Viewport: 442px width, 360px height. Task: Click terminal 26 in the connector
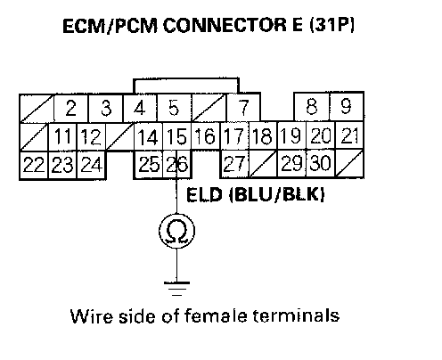pos(177,164)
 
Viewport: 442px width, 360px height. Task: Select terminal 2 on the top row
pos(71,108)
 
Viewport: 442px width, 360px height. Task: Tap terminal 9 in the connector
pos(347,107)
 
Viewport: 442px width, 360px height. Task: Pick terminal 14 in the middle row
pos(148,136)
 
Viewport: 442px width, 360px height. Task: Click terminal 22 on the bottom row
pos(34,165)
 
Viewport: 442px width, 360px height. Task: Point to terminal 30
pos(321,163)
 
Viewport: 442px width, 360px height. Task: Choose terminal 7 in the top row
pos(243,107)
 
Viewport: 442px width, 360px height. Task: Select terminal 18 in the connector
pos(263,135)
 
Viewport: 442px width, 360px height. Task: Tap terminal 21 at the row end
pos(349,135)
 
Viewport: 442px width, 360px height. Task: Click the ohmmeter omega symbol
pos(176,231)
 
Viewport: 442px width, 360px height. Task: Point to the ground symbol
pos(176,289)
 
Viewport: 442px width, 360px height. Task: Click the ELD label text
pos(204,195)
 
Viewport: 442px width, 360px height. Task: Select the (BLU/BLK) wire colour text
pos(277,195)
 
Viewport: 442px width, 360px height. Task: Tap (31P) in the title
pos(331,25)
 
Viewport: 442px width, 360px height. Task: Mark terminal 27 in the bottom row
pos(234,164)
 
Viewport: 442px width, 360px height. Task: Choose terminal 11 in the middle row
pos(62,137)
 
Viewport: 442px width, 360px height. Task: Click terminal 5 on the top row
pos(174,108)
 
